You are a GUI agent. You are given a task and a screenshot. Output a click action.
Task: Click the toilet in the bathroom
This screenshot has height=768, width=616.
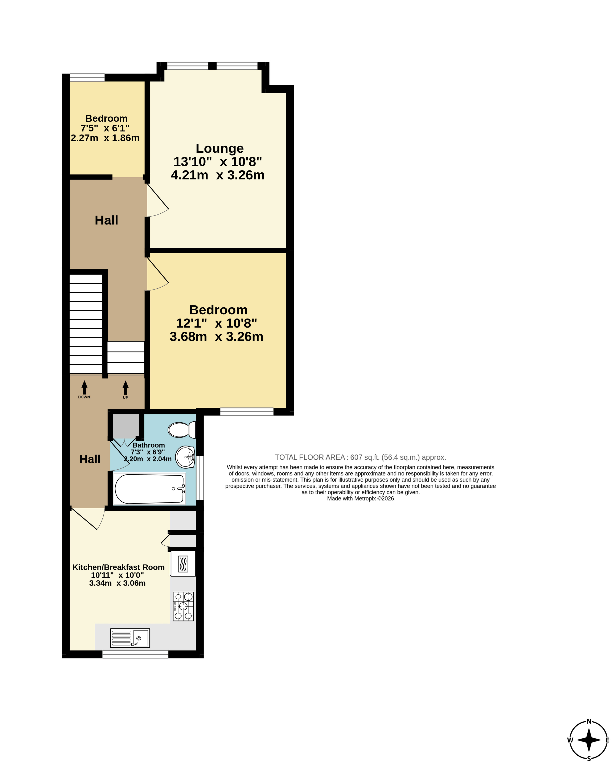(x=182, y=430)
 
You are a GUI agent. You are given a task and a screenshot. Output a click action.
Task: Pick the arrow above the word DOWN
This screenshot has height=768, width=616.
(x=85, y=387)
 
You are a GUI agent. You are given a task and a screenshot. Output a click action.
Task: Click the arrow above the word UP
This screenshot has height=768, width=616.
(x=126, y=387)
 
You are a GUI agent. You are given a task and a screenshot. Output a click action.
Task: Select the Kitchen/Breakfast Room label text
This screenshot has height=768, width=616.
(x=119, y=567)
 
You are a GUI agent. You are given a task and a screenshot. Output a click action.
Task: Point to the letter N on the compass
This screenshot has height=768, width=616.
(x=589, y=721)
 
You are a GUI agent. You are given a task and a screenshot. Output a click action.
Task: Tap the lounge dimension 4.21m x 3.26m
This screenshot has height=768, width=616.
(x=218, y=175)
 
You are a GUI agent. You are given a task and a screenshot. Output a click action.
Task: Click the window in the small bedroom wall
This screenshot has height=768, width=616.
(x=87, y=78)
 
